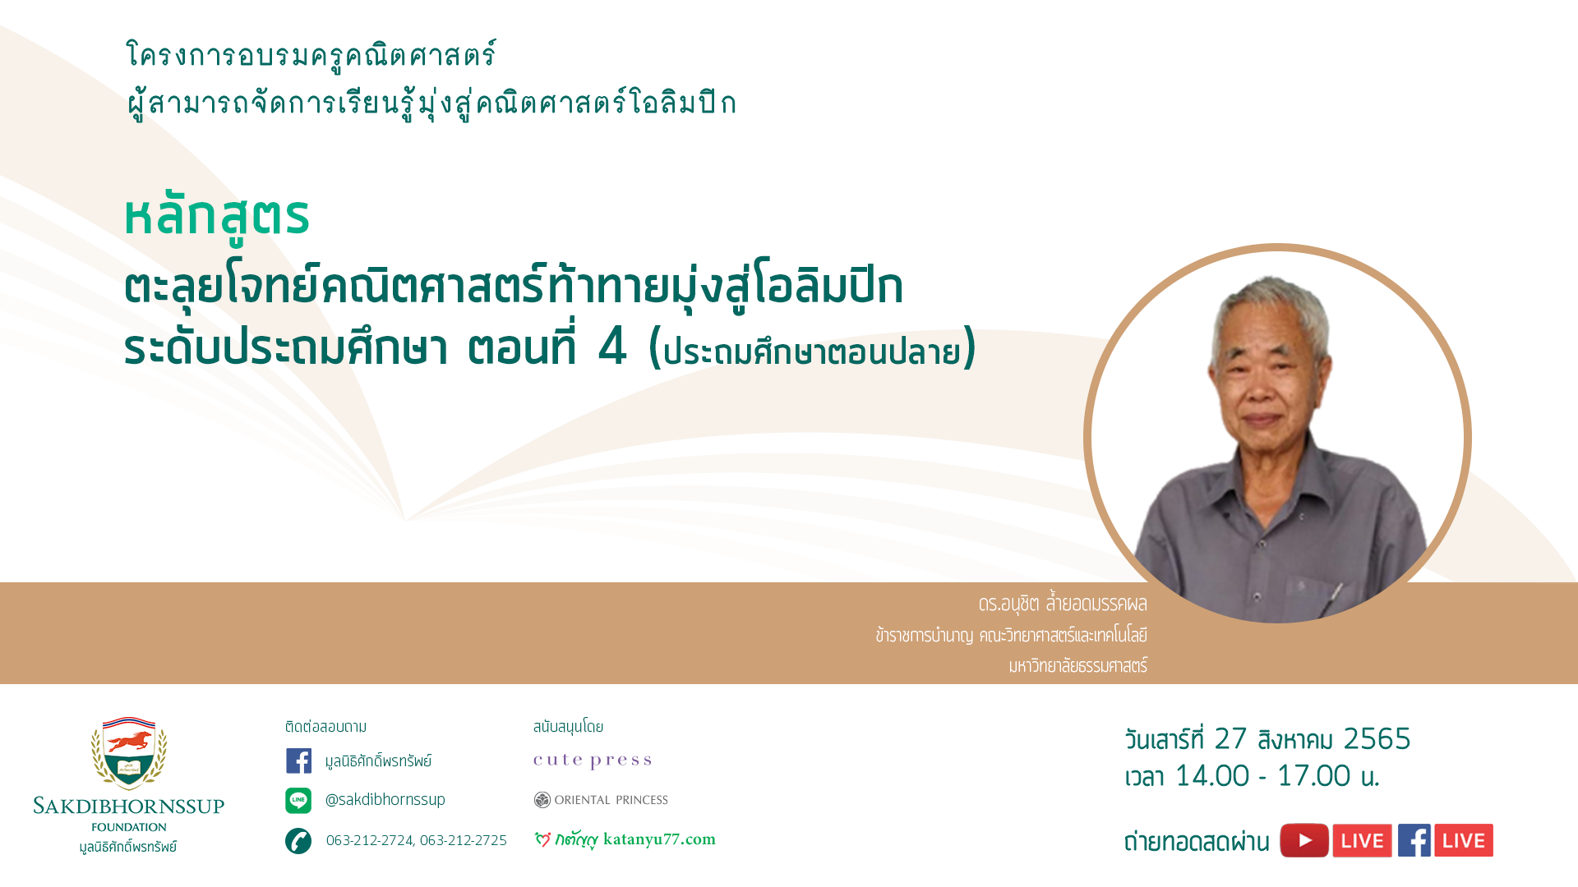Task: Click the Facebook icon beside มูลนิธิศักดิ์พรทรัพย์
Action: pos(298,761)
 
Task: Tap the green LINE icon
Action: pos(298,800)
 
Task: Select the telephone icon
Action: pos(298,841)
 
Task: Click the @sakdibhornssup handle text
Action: pos(385,799)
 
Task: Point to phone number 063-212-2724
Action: pos(370,840)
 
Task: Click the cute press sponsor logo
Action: pos(593,761)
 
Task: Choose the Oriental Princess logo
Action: pos(601,800)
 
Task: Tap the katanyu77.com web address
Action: pos(659,839)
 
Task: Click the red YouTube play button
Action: pos(1304,840)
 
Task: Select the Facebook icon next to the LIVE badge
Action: pos(1414,840)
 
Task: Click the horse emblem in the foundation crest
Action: pos(130,742)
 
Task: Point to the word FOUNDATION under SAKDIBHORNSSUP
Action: pos(129,827)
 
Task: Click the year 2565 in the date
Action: pos(1377,739)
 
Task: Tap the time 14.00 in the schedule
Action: pos(1212,776)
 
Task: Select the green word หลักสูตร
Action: pos(217,217)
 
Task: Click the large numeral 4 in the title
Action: pos(612,346)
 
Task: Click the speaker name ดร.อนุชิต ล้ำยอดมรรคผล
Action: pos(1063,604)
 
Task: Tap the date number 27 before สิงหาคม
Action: pos(1230,739)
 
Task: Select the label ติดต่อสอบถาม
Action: pos(326,727)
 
